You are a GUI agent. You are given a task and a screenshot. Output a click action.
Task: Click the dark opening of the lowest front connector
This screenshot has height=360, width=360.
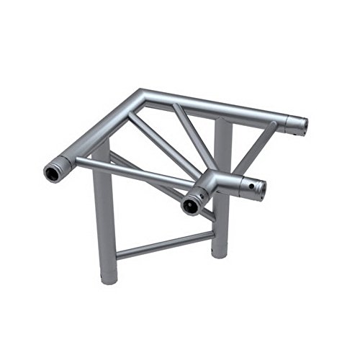192,204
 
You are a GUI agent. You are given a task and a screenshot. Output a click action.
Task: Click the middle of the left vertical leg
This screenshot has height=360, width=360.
103,209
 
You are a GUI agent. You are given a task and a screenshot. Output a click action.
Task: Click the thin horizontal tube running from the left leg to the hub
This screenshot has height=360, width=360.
137,171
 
